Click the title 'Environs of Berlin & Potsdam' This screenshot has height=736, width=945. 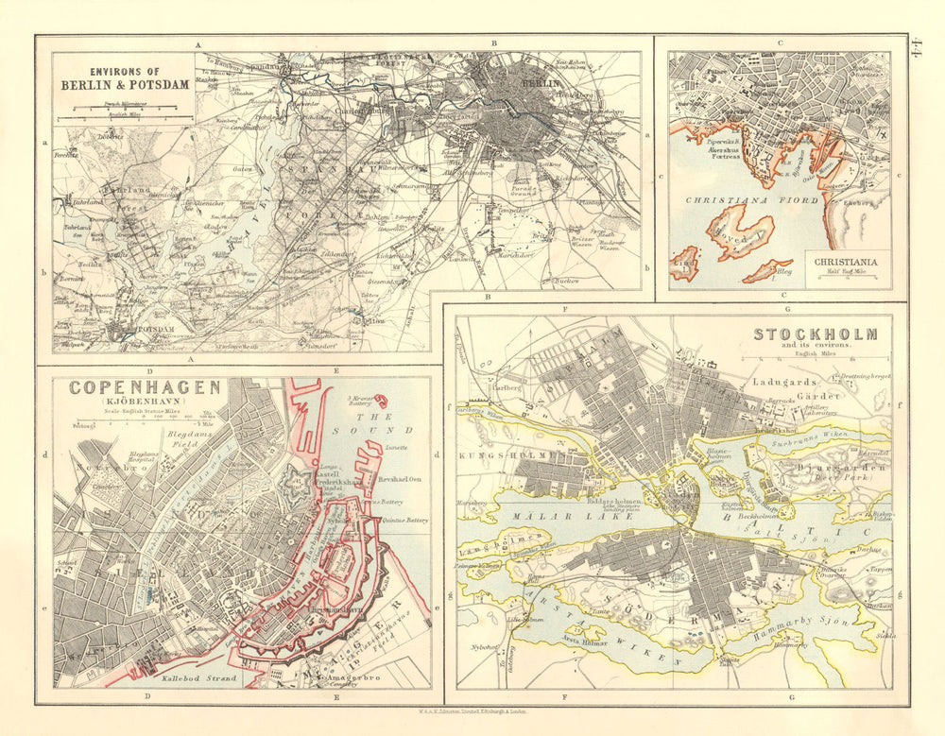125,77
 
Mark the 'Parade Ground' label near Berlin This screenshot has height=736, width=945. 526,185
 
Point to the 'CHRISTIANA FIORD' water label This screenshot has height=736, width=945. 744,200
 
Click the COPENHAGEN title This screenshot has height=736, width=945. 145,387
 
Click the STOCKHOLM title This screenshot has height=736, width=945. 815,334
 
